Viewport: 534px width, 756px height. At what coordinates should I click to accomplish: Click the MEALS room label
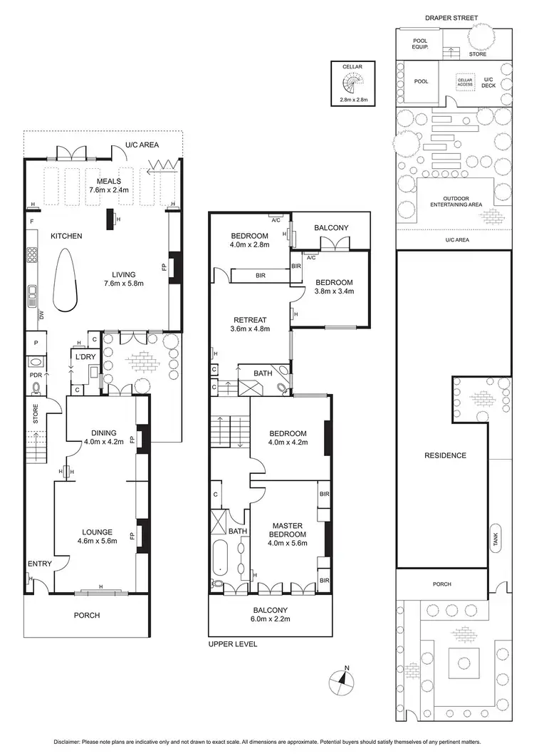tap(105, 181)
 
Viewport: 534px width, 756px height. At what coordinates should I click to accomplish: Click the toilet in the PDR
tap(36, 388)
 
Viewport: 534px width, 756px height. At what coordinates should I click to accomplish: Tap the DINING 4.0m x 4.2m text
tap(105, 437)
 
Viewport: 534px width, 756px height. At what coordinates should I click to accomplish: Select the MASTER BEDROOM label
tap(287, 530)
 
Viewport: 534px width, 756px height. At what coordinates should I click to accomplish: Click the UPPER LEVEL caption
tap(233, 644)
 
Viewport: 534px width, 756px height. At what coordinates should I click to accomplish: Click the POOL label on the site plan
tap(422, 81)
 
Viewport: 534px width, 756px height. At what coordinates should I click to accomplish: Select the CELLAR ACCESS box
tap(465, 83)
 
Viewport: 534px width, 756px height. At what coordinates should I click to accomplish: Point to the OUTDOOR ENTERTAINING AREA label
tap(462, 201)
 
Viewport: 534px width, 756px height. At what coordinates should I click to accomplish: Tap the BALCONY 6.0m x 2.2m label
tap(269, 614)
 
